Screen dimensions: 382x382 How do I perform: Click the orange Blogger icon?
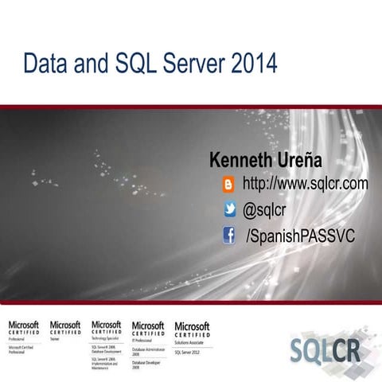(229, 185)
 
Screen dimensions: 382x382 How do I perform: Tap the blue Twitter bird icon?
(229, 210)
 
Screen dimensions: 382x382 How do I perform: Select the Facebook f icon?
(229, 236)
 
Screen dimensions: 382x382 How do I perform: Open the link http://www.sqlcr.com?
(305, 185)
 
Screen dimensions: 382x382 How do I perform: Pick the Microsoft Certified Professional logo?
(23, 329)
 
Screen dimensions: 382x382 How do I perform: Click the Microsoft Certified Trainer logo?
(65, 329)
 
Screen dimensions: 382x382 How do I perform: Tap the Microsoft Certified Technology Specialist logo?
(107, 329)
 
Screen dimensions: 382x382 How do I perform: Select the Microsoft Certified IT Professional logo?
(148, 329)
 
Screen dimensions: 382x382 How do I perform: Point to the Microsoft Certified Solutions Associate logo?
(192, 329)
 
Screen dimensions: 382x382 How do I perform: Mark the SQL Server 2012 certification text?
(191, 350)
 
